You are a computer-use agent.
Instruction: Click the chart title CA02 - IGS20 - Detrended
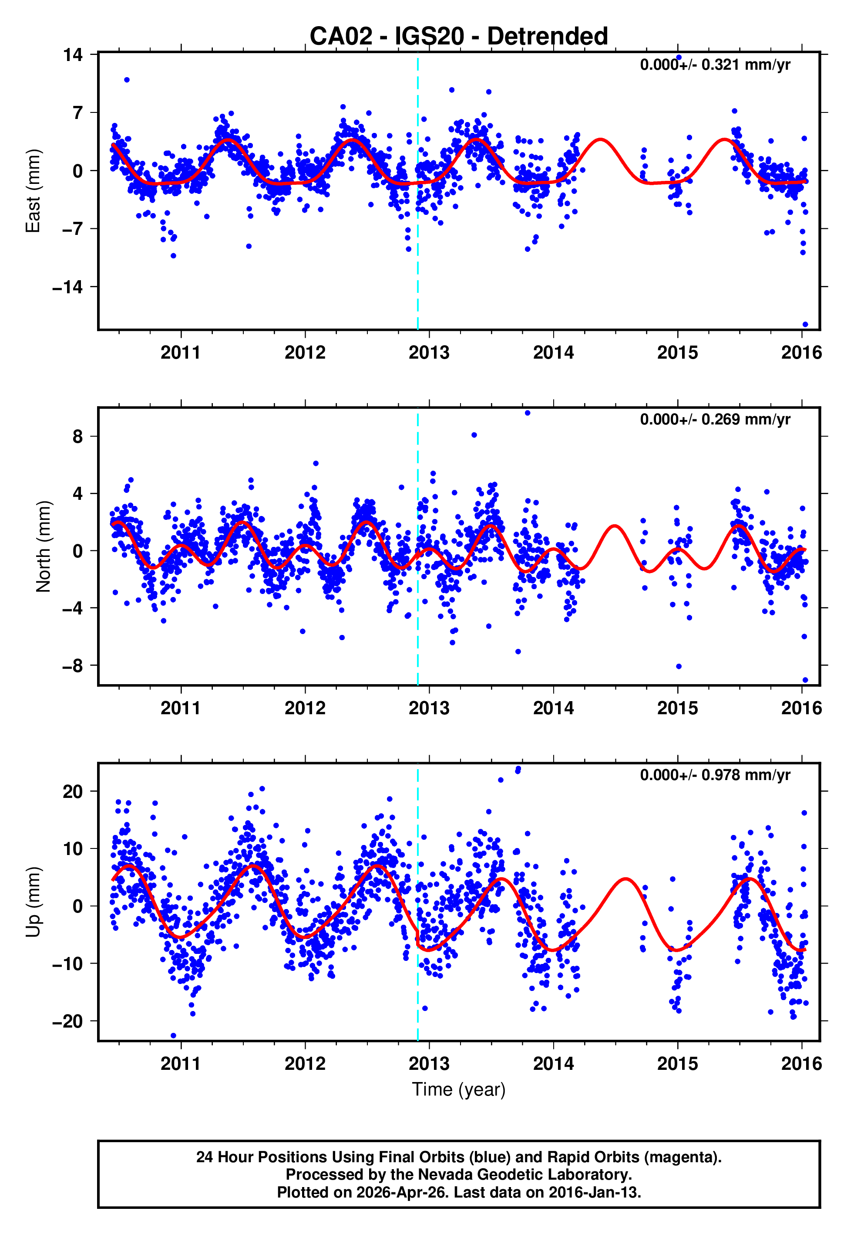(x=459, y=37)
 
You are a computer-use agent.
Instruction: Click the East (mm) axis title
(x=33, y=191)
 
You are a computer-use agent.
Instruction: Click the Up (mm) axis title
(x=33, y=902)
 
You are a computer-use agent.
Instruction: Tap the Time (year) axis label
(x=459, y=1089)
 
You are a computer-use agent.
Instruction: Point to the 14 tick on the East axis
(x=73, y=54)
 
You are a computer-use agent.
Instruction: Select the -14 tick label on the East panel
(x=67, y=287)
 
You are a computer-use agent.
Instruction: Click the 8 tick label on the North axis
(x=78, y=437)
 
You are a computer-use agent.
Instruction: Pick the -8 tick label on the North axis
(x=73, y=666)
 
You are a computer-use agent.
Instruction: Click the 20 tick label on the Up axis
(x=73, y=791)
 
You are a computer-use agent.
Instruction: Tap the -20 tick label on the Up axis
(x=67, y=1021)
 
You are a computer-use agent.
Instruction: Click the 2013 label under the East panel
(x=429, y=353)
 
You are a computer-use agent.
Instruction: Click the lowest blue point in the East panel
(x=805, y=324)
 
